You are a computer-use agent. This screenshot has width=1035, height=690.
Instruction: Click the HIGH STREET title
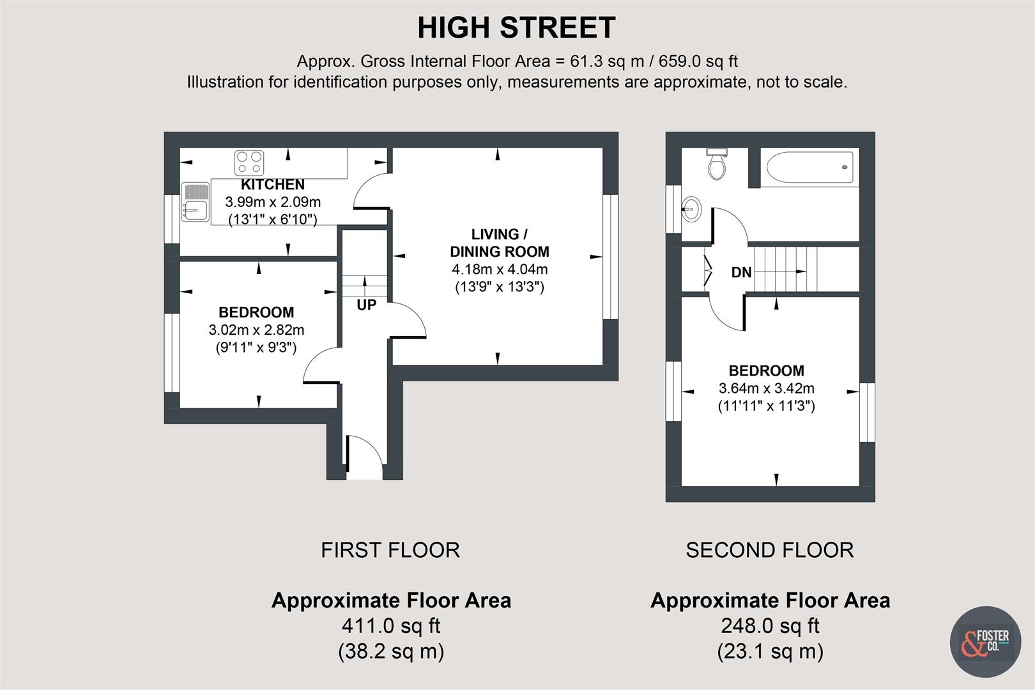pyautogui.click(x=516, y=28)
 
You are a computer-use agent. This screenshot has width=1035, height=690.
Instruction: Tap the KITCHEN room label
pyautogui.click(x=273, y=185)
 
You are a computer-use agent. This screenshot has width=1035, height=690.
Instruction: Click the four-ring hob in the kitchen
pyautogui.click(x=249, y=162)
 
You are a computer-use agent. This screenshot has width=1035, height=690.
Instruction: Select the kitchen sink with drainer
pyautogui.click(x=195, y=202)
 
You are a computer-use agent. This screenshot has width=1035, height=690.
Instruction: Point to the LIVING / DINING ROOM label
pyautogui.click(x=499, y=243)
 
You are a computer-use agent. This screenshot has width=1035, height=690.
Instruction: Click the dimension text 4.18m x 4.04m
pyautogui.click(x=499, y=269)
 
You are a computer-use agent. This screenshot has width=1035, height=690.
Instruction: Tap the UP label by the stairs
pyautogui.click(x=366, y=305)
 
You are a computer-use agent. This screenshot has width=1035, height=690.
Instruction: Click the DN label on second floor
pyautogui.click(x=741, y=273)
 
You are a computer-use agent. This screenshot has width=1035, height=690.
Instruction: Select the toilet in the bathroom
pyautogui.click(x=717, y=164)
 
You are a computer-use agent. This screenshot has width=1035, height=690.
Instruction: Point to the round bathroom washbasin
pyautogui.click(x=691, y=208)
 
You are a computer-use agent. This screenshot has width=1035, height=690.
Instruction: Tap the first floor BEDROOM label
pyautogui.click(x=256, y=312)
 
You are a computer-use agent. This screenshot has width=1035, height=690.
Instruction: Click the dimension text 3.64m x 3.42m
pyautogui.click(x=766, y=388)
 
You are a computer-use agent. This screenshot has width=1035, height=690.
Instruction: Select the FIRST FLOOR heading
pyautogui.click(x=390, y=550)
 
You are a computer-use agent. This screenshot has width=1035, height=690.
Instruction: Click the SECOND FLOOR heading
pyautogui.click(x=769, y=550)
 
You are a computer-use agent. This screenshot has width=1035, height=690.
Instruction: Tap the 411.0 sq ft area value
pyautogui.click(x=390, y=625)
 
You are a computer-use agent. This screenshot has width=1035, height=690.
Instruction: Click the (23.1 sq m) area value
pyautogui.click(x=769, y=652)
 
